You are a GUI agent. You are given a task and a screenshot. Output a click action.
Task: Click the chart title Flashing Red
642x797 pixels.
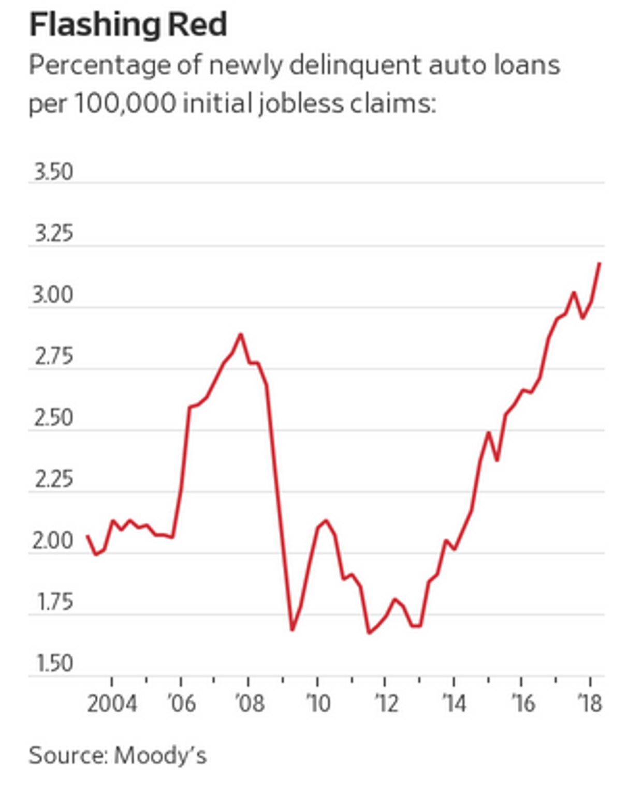point(128,24)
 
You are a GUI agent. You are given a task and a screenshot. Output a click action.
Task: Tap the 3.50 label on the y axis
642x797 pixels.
point(53,172)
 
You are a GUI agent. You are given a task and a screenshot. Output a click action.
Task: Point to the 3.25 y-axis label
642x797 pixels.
point(53,234)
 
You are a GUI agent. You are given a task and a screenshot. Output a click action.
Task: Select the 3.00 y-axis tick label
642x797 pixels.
point(53,295)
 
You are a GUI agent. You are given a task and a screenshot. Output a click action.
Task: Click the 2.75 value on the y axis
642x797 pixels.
point(53,357)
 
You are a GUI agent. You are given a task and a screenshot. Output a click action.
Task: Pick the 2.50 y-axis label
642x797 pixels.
point(53,418)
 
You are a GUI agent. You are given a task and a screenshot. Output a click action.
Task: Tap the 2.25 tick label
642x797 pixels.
point(53,480)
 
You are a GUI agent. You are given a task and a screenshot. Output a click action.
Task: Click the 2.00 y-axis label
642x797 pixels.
point(53,541)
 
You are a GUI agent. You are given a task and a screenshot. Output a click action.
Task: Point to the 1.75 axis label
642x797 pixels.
point(54,603)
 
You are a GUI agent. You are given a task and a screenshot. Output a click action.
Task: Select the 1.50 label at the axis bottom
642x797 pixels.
point(54,664)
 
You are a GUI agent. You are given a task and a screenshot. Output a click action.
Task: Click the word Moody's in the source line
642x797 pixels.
point(160,756)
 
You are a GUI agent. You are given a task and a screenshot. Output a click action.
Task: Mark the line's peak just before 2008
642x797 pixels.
point(240,334)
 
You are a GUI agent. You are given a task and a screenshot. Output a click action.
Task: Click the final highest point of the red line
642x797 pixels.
point(600,263)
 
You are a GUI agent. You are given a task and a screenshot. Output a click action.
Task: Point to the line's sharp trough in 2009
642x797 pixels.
point(292,630)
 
